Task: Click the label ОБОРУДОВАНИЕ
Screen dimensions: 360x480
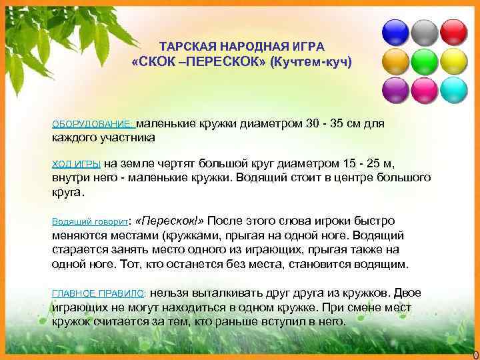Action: [x=93, y=125]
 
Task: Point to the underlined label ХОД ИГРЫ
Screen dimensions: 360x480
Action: [x=77, y=163]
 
